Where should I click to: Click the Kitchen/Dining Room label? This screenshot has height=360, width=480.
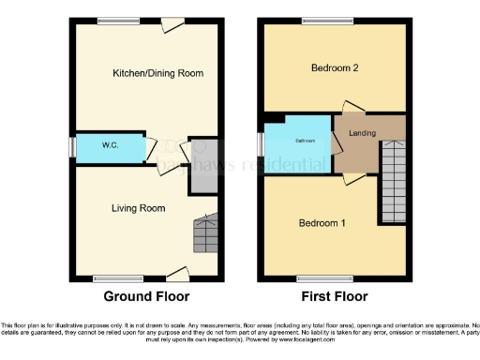point(157,73)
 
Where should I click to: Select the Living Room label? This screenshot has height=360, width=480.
point(139,208)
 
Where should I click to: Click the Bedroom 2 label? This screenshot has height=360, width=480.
point(336,67)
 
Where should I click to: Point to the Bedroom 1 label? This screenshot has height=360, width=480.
point(322,223)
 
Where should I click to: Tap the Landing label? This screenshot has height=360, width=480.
point(362,133)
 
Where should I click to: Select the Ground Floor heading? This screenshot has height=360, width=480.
point(147,296)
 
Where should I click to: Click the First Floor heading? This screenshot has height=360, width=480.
point(334,296)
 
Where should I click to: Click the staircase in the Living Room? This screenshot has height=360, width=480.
point(205,234)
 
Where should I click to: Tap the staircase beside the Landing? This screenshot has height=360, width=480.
point(393,183)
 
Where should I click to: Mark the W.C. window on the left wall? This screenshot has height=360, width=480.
point(71,148)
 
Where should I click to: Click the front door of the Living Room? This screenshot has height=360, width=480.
point(175,275)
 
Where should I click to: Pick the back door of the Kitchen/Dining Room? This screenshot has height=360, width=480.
point(171,25)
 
